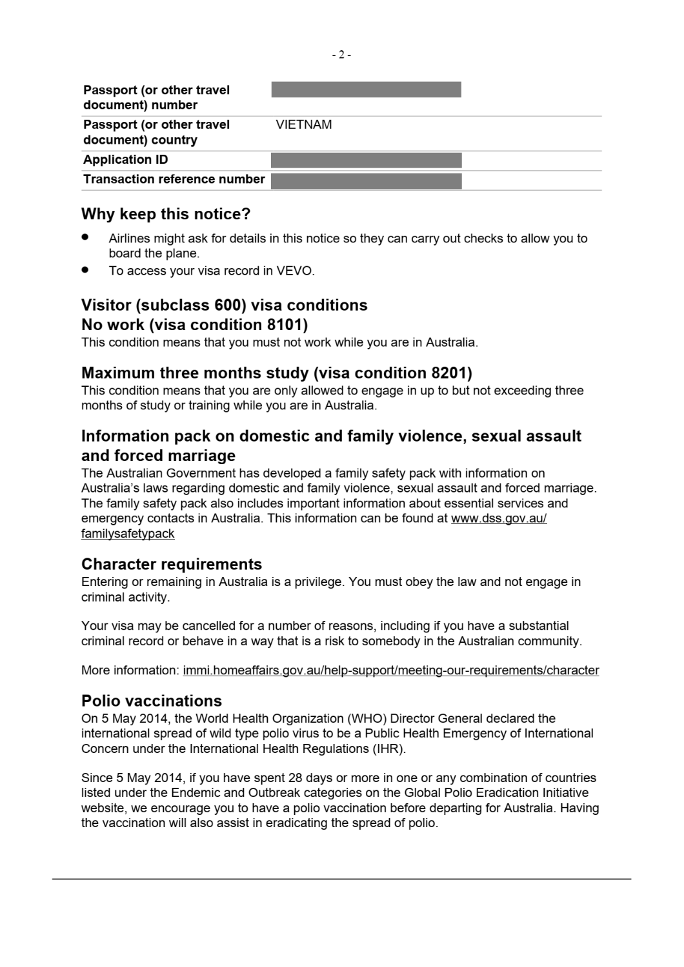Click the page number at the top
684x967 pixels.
coord(341,55)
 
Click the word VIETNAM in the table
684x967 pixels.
coord(303,125)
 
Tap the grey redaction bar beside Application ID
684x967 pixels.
coord(366,160)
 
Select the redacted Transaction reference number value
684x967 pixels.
coord(366,181)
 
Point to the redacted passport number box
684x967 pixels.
coord(366,90)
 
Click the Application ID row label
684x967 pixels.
coord(125,160)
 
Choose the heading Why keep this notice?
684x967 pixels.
coord(166,214)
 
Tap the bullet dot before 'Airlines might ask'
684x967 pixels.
coord(85,237)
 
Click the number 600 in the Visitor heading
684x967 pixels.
coord(228,305)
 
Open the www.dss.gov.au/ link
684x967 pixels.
coord(499,518)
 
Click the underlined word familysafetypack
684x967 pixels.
coord(128,534)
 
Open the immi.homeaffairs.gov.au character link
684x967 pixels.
coord(390,670)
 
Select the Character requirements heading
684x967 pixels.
coord(172,564)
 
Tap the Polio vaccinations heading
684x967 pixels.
coord(152,701)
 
